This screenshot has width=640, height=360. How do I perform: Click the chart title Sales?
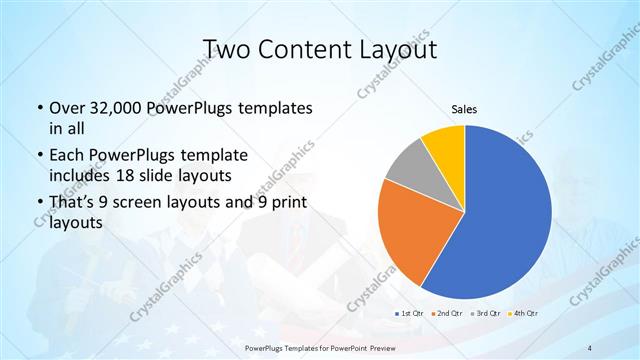coord(465,107)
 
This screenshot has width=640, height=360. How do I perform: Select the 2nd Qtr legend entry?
coord(446,314)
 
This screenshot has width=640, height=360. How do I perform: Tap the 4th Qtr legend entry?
coord(523,314)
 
